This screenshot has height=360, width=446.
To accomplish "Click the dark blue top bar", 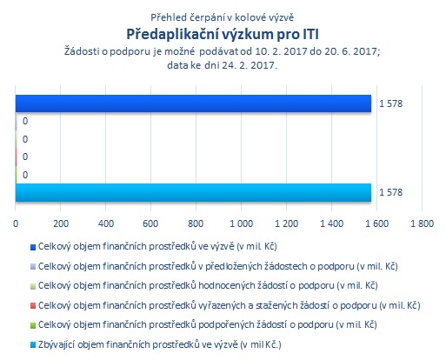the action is [193, 103].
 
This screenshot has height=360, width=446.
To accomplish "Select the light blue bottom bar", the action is [193, 192].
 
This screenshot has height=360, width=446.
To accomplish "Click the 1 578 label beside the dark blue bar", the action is [391, 103].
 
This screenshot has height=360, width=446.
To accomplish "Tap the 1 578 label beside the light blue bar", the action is [391, 192].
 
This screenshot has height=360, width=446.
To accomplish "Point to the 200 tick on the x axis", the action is [61, 223].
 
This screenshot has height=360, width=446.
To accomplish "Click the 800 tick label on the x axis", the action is [196, 223].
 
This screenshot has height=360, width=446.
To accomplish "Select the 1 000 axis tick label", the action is [241, 223].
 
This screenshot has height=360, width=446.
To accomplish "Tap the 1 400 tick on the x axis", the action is [331, 223].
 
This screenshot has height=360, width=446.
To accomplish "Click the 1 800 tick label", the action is [422, 223].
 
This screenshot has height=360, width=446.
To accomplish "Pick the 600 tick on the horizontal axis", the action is [150, 223].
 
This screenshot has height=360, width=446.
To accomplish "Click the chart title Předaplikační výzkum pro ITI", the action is [223, 35].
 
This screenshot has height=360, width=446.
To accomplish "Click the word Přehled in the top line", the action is [169, 17].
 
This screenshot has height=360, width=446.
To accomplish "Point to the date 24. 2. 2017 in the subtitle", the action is [250, 65].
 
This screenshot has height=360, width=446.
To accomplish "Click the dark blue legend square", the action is [33, 247].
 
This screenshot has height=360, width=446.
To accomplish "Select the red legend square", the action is [33, 305].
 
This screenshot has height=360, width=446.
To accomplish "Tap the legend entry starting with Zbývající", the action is [160, 344].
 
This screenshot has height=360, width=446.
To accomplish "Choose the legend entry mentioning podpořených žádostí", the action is [208, 324].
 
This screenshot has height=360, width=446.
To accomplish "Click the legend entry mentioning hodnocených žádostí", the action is [208, 286].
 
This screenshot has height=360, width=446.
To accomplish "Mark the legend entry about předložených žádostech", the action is [218, 266].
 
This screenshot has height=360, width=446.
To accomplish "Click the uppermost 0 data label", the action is [25, 121].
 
